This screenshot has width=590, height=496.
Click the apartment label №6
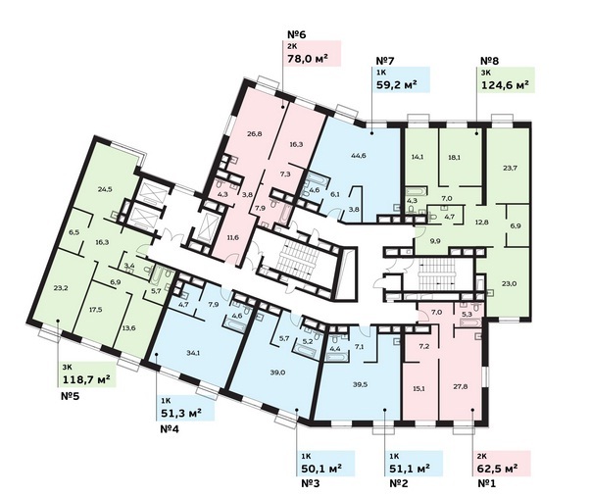pos(297,34)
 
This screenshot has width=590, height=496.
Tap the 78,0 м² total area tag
pos(307,59)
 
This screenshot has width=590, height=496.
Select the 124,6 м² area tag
pos(508,85)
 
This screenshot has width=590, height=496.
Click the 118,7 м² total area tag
pos(86,379)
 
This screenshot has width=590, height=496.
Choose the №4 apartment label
pos(170,428)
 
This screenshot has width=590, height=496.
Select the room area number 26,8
pos(255,133)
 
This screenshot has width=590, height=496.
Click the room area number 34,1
pos(193,353)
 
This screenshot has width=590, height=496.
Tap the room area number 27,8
pos(461,386)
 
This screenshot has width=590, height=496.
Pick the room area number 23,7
pos(510,168)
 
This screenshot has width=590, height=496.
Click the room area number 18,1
pos(454,157)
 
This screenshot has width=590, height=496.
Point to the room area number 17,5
pos(96,310)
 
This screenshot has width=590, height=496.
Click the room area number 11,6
pos(232,237)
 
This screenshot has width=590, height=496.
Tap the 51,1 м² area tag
pos(410,469)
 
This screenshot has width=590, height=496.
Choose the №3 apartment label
pos(311,483)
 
